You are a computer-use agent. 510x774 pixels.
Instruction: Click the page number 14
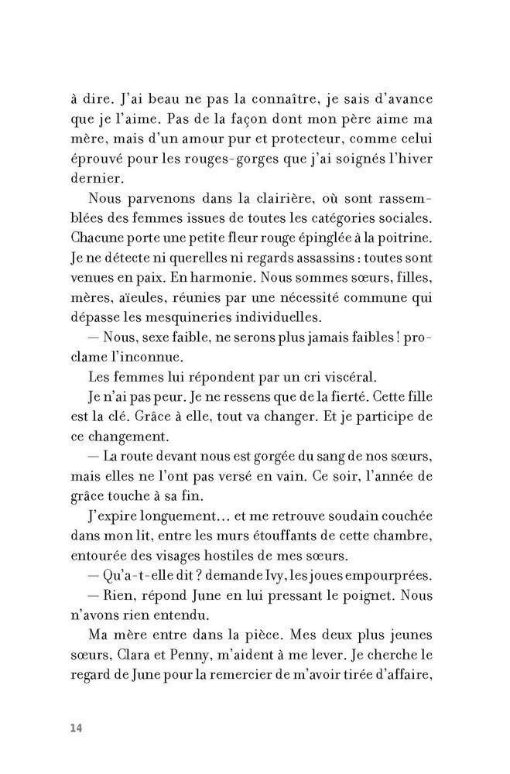pyautogui.click(x=75, y=728)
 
